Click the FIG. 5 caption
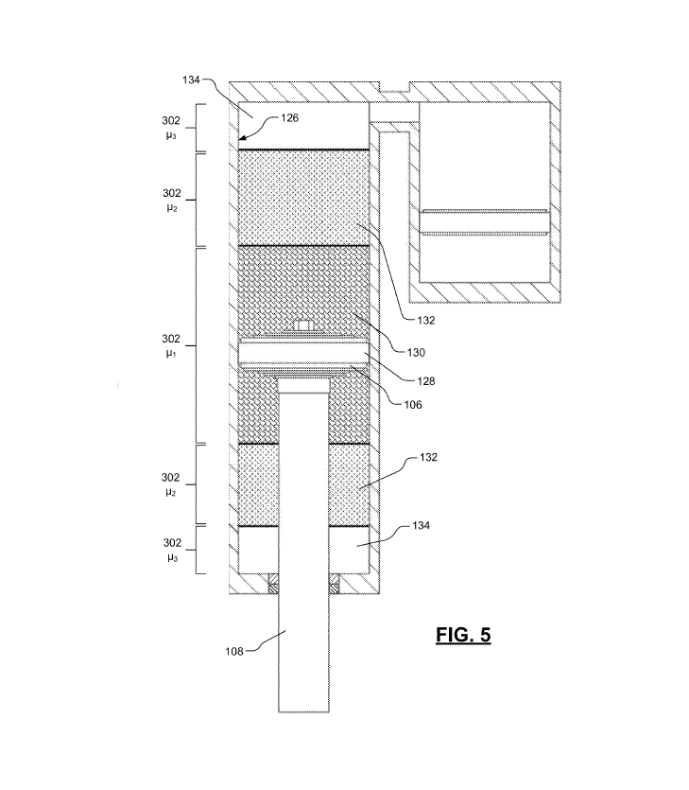(463, 634)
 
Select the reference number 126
(289, 120)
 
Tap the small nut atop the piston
(302, 326)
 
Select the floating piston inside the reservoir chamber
(484, 221)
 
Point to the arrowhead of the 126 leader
(242, 139)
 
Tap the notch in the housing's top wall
(394, 89)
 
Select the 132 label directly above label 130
(426, 320)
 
